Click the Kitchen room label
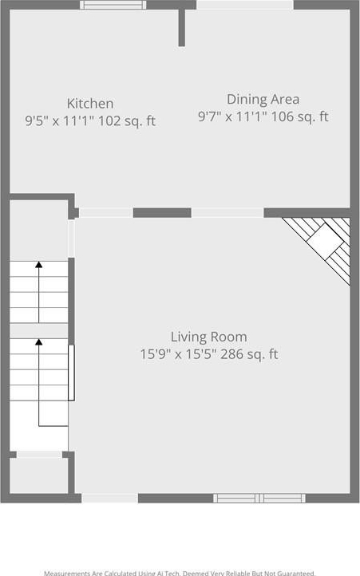point(90,104)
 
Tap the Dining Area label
point(263,100)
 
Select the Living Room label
point(209,337)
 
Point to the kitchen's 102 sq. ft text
point(127,120)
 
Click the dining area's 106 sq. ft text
point(299,116)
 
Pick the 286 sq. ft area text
point(249,354)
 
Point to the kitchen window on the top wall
point(113,5)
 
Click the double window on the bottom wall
point(259,498)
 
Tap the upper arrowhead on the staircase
point(38,265)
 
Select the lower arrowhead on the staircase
point(38,342)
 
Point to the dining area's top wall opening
point(245,5)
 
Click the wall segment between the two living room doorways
point(162,213)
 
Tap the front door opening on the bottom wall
point(109,498)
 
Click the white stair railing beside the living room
point(71,373)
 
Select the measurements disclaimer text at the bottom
point(180,573)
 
